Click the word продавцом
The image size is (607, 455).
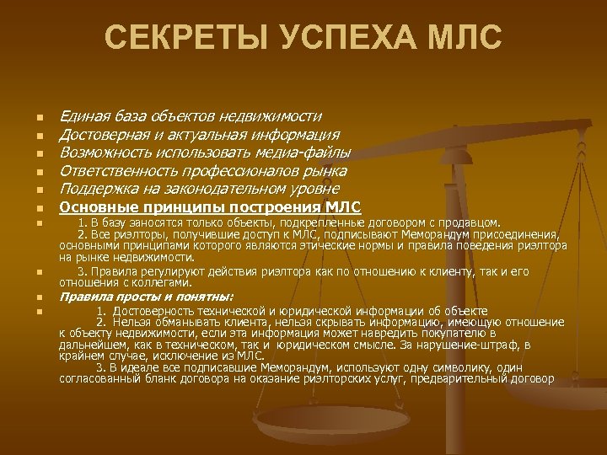pos(470,222)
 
